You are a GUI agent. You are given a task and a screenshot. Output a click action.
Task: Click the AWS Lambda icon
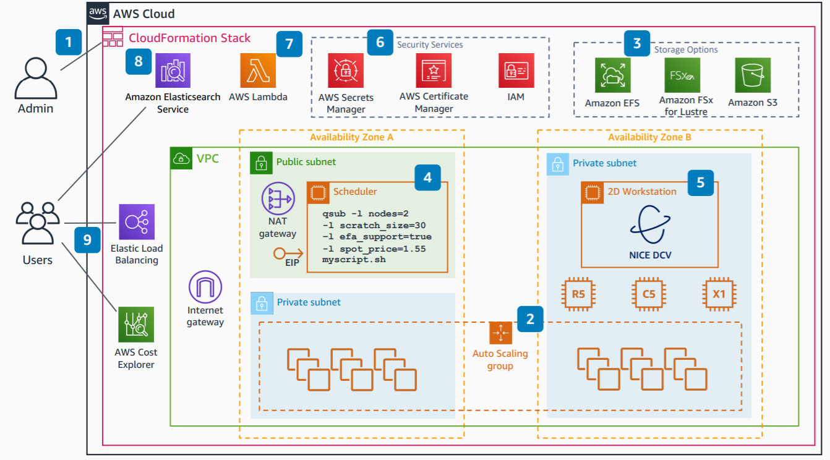tap(258, 70)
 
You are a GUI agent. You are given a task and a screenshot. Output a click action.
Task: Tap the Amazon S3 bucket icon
tap(753, 75)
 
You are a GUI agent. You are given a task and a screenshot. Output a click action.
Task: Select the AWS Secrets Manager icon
tap(346, 70)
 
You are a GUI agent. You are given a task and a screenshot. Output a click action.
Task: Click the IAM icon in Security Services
tap(516, 70)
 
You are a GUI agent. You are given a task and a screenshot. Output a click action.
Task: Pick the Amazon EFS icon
tap(612, 75)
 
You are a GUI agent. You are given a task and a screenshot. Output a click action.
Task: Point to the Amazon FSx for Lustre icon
tap(682, 75)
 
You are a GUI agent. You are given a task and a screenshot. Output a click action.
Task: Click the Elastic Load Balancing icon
tap(137, 222)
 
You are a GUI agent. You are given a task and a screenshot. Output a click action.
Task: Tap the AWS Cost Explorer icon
tap(136, 325)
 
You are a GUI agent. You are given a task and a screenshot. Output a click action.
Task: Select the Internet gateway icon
tap(205, 287)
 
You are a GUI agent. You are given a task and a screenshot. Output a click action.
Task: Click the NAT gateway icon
tap(278, 198)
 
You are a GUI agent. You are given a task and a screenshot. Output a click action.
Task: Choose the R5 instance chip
tap(578, 294)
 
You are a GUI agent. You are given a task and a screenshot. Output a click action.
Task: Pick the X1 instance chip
tap(719, 294)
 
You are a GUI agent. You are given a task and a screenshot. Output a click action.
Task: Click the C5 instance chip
tap(648, 294)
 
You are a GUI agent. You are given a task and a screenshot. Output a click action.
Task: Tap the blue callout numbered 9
tap(87, 240)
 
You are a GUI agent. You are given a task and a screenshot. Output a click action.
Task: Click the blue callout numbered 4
tap(427, 178)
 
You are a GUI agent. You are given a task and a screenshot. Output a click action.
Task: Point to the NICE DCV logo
tap(650, 224)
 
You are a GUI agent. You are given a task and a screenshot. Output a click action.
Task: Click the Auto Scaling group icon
tap(500, 333)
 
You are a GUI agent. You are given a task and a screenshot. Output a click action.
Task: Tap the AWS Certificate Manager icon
tap(434, 70)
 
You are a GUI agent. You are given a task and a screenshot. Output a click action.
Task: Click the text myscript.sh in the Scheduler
tap(354, 260)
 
